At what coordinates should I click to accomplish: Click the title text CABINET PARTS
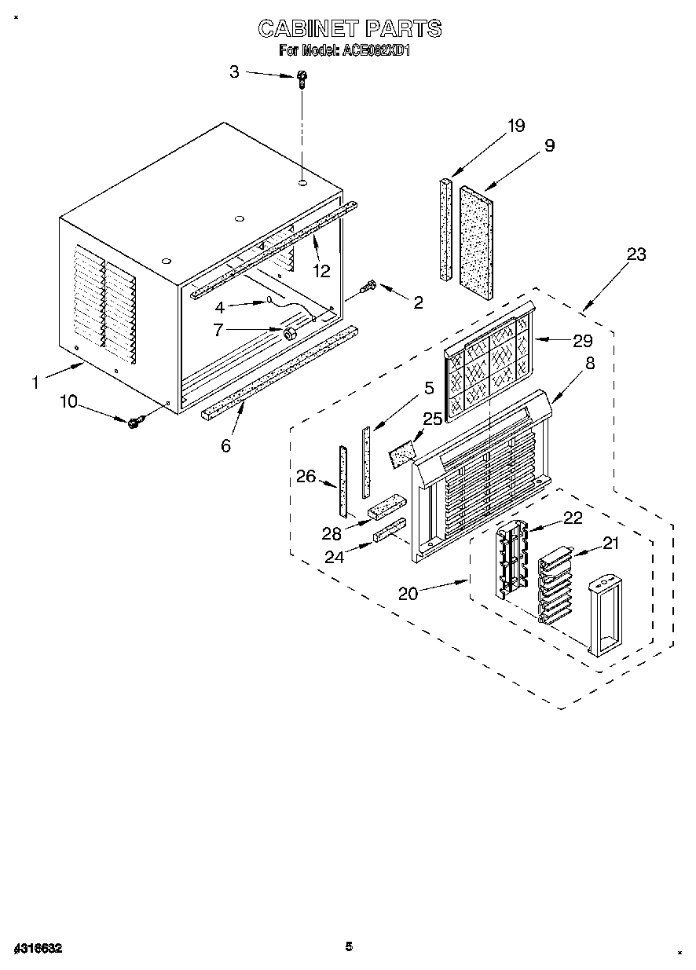point(350,29)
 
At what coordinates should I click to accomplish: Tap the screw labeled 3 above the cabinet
point(302,78)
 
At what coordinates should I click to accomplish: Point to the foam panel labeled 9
point(478,240)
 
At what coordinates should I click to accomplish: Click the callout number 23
point(636,254)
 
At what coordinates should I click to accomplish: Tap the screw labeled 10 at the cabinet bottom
point(134,423)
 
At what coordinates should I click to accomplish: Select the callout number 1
point(35,383)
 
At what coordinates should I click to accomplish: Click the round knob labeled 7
point(290,333)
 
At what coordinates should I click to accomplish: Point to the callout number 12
point(321,271)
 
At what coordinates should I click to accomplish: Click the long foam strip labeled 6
point(279,369)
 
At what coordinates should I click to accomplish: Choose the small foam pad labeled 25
point(401,453)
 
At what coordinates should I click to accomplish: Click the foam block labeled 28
point(386,508)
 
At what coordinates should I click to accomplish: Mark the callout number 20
point(408,593)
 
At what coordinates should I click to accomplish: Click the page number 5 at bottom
point(350,946)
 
